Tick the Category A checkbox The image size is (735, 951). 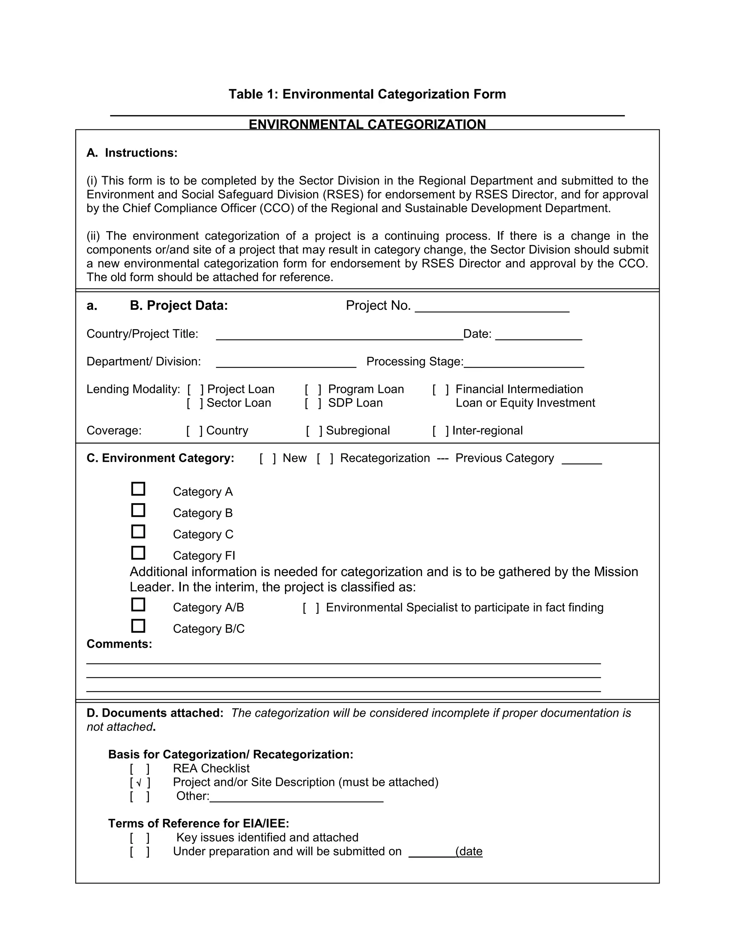click(138, 489)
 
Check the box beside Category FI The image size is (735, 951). click(138, 553)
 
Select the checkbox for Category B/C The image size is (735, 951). click(138, 626)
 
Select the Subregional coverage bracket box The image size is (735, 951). click(314, 431)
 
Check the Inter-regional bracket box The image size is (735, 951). click(441, 431)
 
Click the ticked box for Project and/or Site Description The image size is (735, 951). click(140, 782)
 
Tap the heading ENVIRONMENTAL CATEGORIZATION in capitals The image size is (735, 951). click(367, 124)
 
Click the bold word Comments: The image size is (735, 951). click(119, 644)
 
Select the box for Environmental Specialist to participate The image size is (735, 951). click(311, 608)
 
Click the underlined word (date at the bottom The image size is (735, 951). click(469, 851)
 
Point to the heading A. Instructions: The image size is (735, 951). click(132, 153)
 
